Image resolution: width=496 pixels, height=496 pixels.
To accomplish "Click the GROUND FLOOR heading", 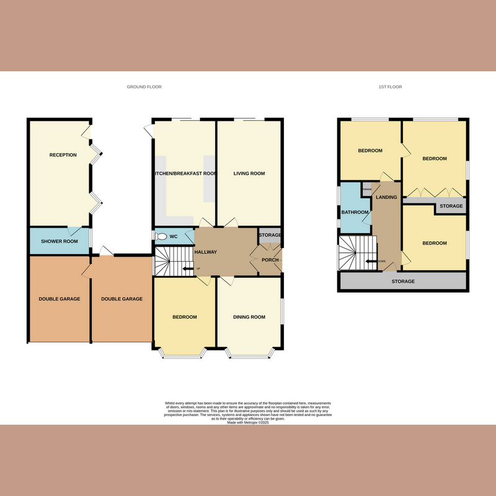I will click(144, 87).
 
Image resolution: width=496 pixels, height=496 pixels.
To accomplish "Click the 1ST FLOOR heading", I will click(390, 87).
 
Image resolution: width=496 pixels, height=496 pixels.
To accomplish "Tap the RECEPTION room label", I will click(63, 154).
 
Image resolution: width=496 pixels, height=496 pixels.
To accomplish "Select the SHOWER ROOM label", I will click(59, 241).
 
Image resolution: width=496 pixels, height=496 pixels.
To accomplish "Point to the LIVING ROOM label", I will click(249, 174).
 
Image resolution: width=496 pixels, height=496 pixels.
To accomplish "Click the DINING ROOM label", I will click(249, 317).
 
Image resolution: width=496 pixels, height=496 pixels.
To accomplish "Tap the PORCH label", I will click(270, 260).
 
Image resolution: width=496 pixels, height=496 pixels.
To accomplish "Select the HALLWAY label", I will click(206, 252).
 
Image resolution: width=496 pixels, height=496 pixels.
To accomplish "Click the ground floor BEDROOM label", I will click(184, 317).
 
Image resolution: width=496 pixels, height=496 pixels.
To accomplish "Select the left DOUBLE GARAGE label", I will click(60, 299).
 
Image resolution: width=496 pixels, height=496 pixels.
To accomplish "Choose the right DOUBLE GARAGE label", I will click(122, 299).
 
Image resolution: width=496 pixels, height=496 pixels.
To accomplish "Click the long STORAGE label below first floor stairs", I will click(402, 281).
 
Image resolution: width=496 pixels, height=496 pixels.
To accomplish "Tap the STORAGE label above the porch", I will click(270, 235).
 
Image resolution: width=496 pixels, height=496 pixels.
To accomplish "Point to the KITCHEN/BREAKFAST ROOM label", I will click(185, 174).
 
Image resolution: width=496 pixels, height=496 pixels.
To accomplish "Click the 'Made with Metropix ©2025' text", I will click(247, 422).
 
